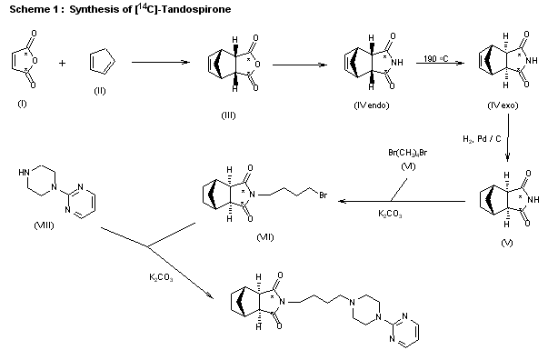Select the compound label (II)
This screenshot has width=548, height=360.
tap(100, 91)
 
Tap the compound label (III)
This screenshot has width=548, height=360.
tap(229, 115)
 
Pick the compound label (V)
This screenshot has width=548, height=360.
tap(506, 245)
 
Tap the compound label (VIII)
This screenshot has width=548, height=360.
tap(42, 224)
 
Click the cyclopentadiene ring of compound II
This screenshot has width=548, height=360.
tap(100, 62)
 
